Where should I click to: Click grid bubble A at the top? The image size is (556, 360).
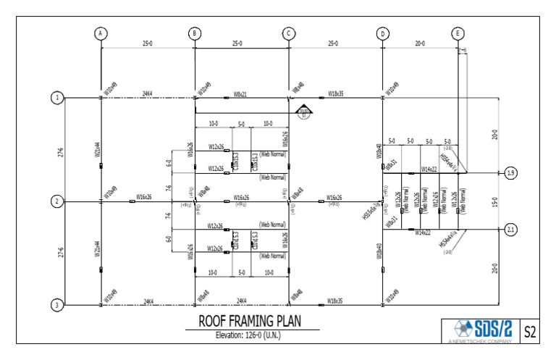click(101, 33)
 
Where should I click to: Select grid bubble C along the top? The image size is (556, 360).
click(289, 33)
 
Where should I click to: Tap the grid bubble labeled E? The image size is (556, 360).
click(458, 33)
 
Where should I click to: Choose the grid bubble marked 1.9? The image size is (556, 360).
click(510, 173)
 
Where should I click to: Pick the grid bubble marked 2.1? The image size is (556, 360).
click(510, 230)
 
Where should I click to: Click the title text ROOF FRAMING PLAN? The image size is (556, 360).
click(251, 321)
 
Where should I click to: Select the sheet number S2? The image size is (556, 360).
click(530, 332)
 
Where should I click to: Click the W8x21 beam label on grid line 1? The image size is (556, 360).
click(240, 94)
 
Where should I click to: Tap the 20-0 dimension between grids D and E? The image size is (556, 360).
click(420, 44)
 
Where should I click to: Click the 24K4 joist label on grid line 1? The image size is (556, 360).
click(147, 94)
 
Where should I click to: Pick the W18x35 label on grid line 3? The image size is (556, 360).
click(335, 301)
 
